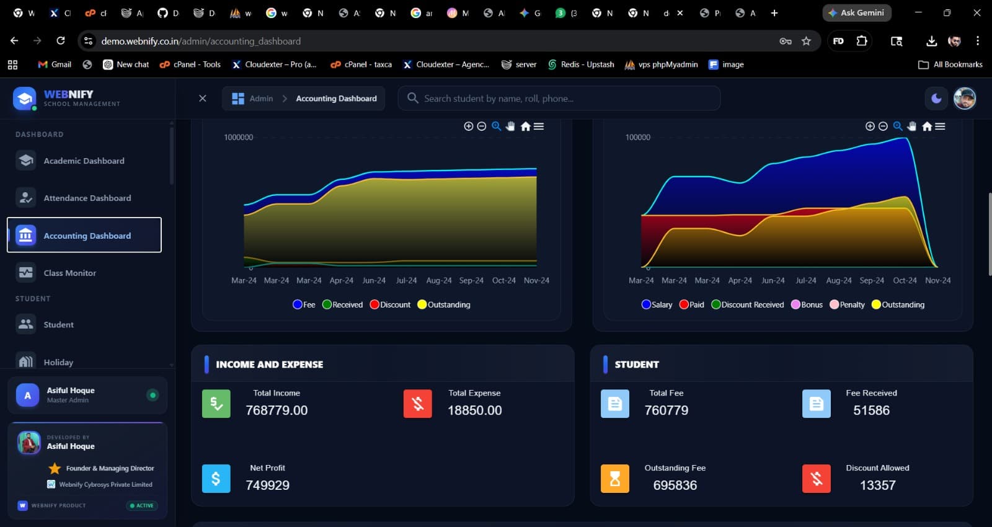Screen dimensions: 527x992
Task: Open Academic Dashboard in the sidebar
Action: [84, 161]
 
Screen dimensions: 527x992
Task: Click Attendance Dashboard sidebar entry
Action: [87, 198]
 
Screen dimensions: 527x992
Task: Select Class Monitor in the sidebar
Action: [69, 273]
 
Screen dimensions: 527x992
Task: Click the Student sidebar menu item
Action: [58, 324]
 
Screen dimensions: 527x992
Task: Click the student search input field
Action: [564, 99]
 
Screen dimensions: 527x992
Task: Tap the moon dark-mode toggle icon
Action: [936, 99]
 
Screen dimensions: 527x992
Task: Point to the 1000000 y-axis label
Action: [238, 138]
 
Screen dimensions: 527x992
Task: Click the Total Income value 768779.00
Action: [277, 410]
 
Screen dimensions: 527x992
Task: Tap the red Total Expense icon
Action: [417, 404]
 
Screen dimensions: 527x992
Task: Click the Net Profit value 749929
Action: [267, 485]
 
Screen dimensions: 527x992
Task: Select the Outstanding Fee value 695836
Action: [675, 485]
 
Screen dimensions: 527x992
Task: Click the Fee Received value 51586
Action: [871, 410]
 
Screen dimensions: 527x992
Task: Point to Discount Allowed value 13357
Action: [877, 485]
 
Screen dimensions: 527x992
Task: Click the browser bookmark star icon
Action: [806, 41]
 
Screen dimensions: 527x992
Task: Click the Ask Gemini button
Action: [856, 13]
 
